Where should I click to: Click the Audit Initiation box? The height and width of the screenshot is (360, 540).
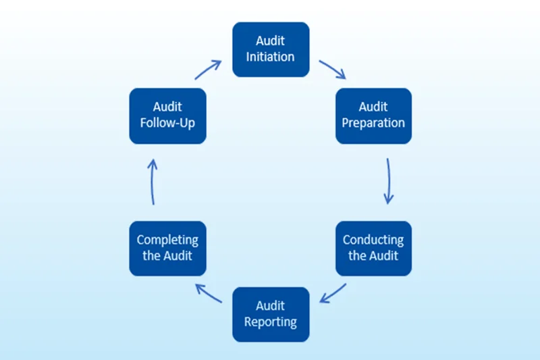click(271, 49)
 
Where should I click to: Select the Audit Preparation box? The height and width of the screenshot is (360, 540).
click(373, 115)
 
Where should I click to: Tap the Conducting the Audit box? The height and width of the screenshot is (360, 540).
click(373, 248)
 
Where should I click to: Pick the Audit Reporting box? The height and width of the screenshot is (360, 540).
click(271, 314)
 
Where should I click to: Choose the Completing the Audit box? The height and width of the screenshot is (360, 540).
click(167, 248)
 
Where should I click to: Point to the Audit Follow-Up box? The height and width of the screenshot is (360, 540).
click(167, 115)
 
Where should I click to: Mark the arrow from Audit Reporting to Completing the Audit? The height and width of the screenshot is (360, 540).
click(209, 294)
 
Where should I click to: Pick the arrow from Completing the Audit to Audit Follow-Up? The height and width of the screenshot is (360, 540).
click(153, 182)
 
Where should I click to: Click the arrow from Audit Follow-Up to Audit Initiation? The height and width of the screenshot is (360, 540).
click(209, 70)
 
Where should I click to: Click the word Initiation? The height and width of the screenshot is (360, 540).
click(271, 57)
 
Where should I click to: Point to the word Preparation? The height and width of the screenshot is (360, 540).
click(373, 123)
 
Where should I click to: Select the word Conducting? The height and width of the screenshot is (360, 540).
click(373, 240)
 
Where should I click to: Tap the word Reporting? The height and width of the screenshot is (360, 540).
click(271, 322)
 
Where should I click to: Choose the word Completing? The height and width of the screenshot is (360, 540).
click(167, 240)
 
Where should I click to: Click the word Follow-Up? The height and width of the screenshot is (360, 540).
click(167, 123)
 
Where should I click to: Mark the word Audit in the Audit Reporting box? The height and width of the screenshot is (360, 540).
click(271, 307)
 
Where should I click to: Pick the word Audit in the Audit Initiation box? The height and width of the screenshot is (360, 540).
click(271, 42)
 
